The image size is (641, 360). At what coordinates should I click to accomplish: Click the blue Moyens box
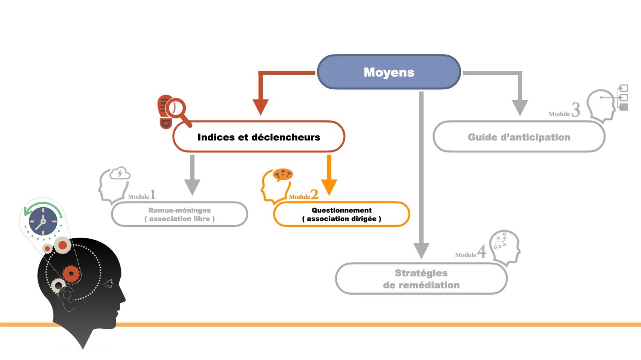point(389,72)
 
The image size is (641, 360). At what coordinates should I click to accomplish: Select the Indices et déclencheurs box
point(259,137)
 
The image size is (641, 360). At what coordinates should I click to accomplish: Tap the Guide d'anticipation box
point(519,137)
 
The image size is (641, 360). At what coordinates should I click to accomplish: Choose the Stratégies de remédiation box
point(421,279)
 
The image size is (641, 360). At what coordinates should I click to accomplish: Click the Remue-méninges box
point(179,214)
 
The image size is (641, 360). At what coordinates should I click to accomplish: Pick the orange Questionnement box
point(341,214)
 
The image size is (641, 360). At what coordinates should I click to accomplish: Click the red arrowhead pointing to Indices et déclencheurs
point(260,106)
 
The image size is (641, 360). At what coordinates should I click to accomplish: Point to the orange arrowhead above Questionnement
point(329,187)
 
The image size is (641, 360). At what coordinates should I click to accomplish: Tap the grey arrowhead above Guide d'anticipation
point(520,107)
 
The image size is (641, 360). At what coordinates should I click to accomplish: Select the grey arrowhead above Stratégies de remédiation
point(421,250)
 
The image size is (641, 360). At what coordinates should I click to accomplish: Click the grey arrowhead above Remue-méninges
point(192,187)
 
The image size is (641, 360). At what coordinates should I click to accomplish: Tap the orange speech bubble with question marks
point(282,174)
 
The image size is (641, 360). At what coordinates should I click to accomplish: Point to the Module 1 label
point(141,196)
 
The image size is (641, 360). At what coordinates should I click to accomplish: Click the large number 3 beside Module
point(576,110)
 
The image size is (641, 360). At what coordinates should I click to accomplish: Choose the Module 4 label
point(470,253)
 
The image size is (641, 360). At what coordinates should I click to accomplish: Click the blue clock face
point(43,221)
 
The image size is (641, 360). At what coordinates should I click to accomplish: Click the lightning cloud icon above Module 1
point(120,173)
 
